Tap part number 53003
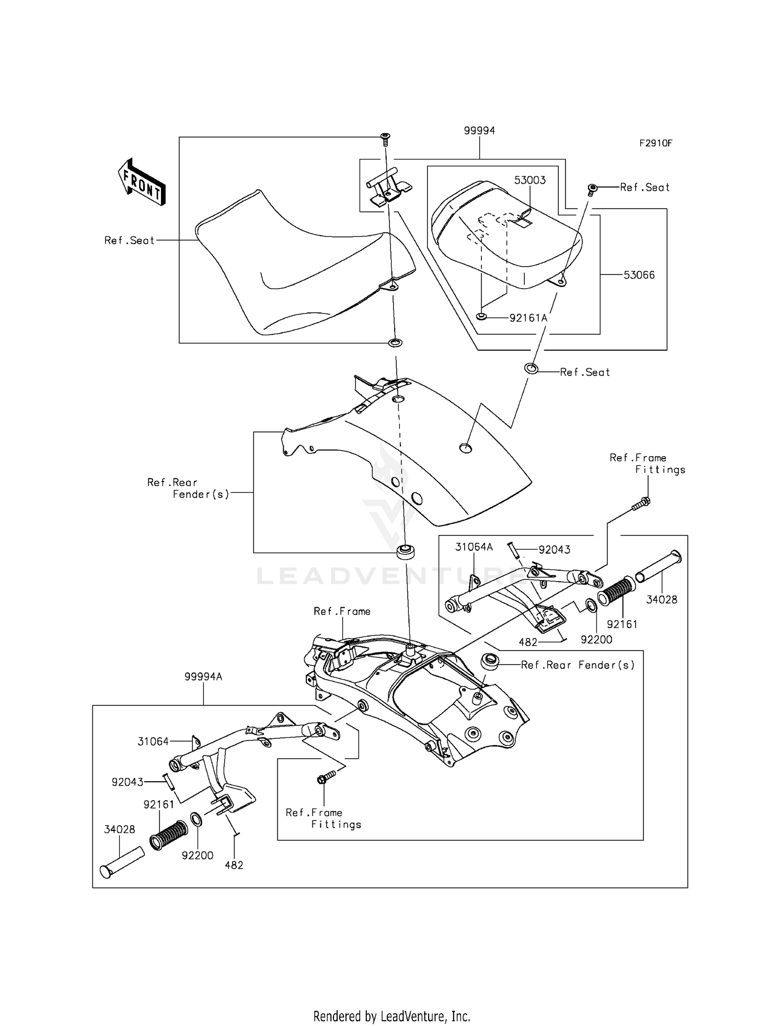click(529, 180)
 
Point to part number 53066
click(639, 275)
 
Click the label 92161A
click(528, 317)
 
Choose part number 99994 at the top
click(479, 131)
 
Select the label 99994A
click(203, 677)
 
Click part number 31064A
click(474, 547)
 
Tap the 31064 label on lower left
click(153, 741)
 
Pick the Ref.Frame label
click(342, 611)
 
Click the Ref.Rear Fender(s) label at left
click(188, 488)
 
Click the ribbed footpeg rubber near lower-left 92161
click(168, 835)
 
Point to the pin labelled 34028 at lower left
click(121, 863)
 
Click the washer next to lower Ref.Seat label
click(531, 368)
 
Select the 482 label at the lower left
click(234, 865)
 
